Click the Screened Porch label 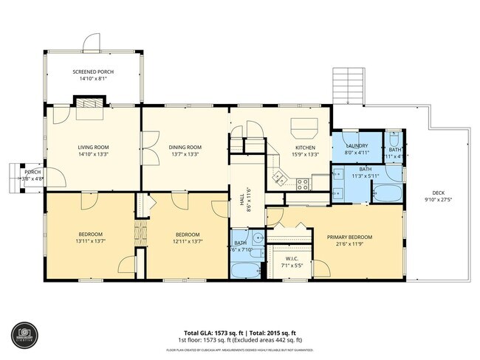pyautogui.click(x=92, y=72)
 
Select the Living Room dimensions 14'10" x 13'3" pyautogui.click(x=94, y=155)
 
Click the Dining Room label pyautogui.click(x=185, y=147)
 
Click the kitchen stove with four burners pyautogui.click(x=301, y=182)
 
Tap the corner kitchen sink pyautogui.click(x=279, y=176)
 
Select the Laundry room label pyautogui.click(x=357, y=146)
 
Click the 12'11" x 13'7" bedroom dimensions pyautogui.click(x=188, y=241)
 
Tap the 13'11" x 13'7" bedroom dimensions pyautogui.click(x=92, y=241)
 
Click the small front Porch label pyautogui.click(x=32, y=172)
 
